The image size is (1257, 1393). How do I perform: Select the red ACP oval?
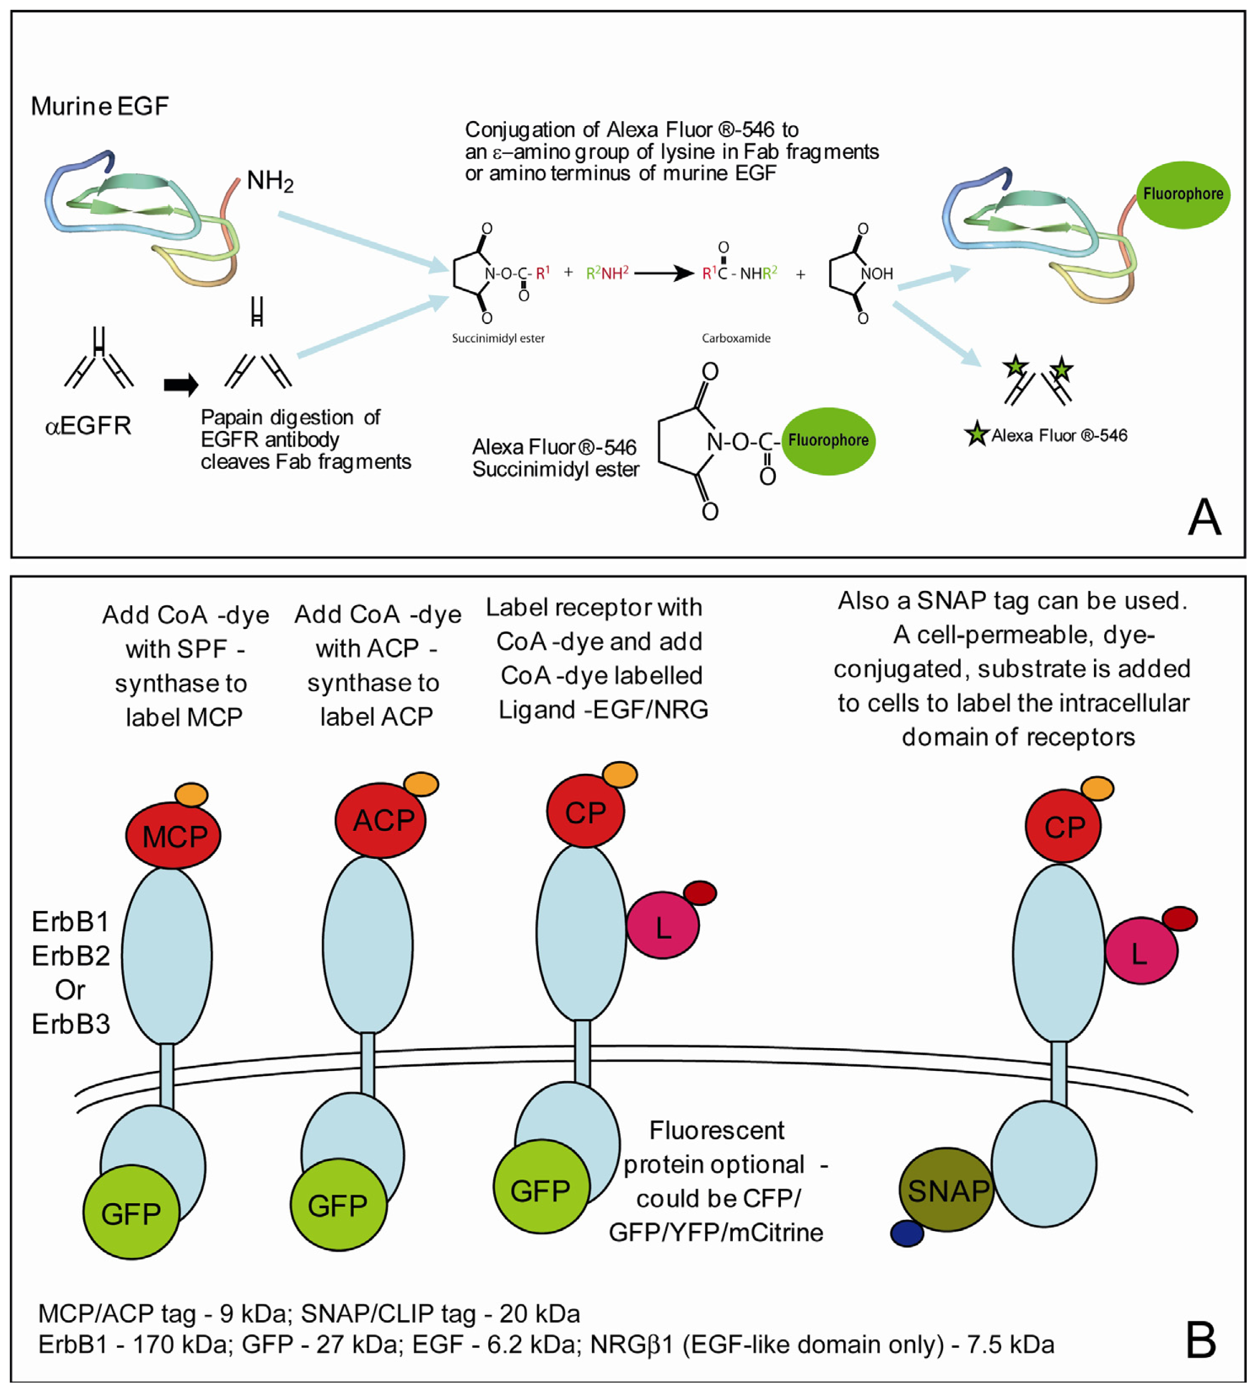tap(380, 820)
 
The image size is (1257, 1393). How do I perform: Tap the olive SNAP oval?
tap(946, 1190)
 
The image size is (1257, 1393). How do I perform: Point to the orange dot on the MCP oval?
tap(191, 794)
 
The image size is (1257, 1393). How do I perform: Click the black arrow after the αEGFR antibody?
tap(181, 385)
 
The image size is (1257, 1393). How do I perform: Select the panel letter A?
tap(1204, 518)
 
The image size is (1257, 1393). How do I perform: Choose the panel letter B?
tap(1201, 1340)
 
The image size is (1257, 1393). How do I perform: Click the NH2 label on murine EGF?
tap(270, 182)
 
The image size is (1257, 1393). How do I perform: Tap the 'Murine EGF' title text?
tap(100, 106)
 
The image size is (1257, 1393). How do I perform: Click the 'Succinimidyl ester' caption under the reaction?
tap(498, 338)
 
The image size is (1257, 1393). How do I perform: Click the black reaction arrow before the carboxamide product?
tap(663, 273)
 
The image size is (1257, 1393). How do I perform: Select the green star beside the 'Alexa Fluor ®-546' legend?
tap(976, 434)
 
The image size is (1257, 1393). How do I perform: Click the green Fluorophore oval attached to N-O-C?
tap(828, 441)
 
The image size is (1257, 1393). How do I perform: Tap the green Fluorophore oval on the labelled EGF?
tap(1183, 194)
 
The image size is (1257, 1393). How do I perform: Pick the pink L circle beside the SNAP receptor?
tap(1141, 951)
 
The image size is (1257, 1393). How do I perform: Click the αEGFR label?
tap(88, 425)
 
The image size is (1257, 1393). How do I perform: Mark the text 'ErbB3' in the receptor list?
tap(70, 1023)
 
